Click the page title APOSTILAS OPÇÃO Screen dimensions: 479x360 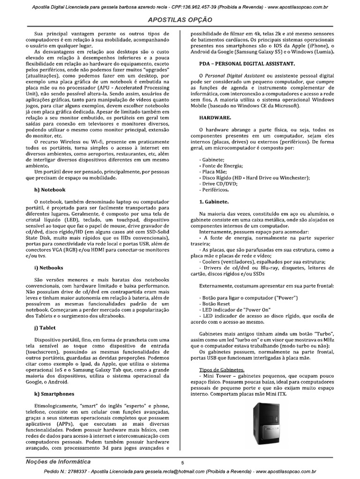[180, 20]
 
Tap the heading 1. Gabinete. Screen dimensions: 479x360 [214, 202]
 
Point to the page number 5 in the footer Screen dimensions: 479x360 [182, 463]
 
